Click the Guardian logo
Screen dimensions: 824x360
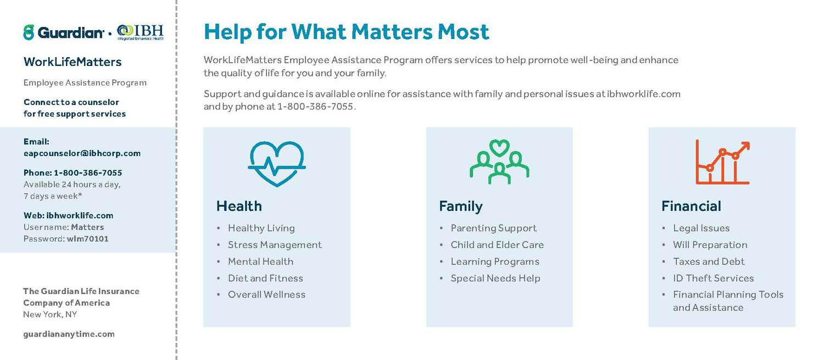click(x=64, y=32)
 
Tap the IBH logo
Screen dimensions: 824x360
click(x=140, y=32)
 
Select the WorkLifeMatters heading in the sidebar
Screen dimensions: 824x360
click(x=73, y=62)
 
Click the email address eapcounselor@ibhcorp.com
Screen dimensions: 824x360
click(x=82, y=153)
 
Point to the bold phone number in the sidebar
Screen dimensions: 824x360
click(x=88, y=173)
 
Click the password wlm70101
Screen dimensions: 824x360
click(x=87, y=239)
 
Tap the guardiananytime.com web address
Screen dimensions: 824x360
click(x=69, y=334)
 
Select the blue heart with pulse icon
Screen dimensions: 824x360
click(x=277, y=164)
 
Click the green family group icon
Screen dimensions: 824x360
click(x=499, y=162)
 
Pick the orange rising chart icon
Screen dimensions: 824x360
click(x=722, y=162)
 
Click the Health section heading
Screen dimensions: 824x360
click(x=239, y=206)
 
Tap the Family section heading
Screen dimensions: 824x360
click(x=461, y=207)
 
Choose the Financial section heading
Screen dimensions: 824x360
click(x=691, y=206)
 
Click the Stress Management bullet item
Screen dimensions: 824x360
click(x=275, y=245)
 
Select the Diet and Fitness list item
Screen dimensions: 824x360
click(x=265, y=278)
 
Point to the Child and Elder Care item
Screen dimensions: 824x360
click(x=497, y=245)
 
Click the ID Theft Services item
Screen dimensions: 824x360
click(x=713, y=278)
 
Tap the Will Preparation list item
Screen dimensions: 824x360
click(x=710, y=245)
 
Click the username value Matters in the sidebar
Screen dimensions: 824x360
click(x=87, y=227)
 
